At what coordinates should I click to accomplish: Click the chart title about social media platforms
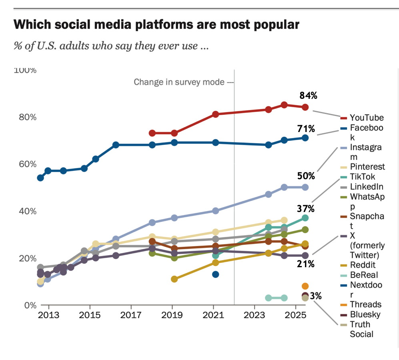(x=156, y=25)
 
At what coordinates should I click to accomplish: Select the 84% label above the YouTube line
(x=308, y=96)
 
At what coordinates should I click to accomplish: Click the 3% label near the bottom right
(x=316, y=296)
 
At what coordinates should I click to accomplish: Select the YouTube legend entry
(x=366, y=118)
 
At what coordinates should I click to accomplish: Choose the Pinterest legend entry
(x=367, y=167)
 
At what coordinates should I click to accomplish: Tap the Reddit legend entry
(x=363, y=265)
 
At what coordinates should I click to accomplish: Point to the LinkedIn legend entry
(x=366, y=186)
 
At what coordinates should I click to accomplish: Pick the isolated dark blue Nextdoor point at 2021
(x=215, y=274)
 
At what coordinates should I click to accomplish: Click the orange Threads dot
(x=305, y=286)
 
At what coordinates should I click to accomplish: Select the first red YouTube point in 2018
(x=152, y=133)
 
